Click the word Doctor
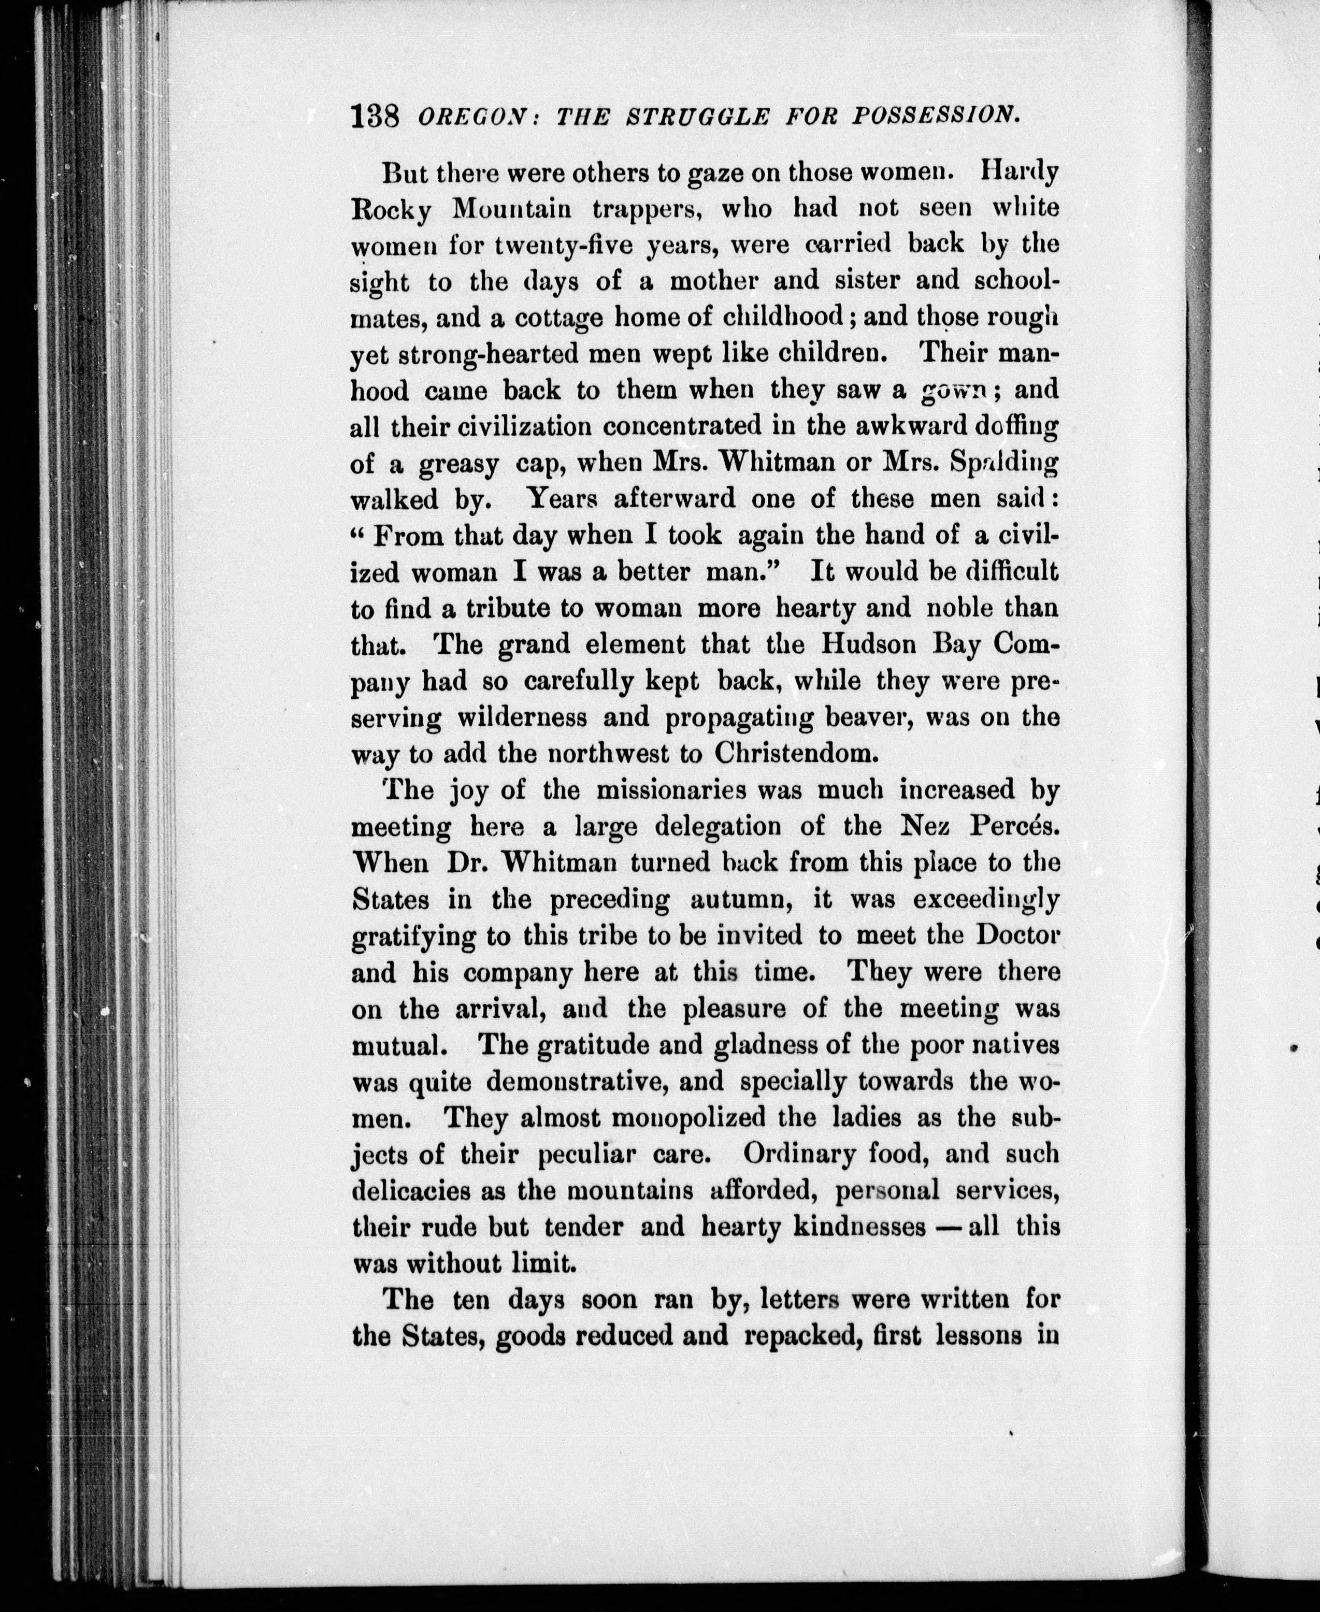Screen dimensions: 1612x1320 click(1016, 935)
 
